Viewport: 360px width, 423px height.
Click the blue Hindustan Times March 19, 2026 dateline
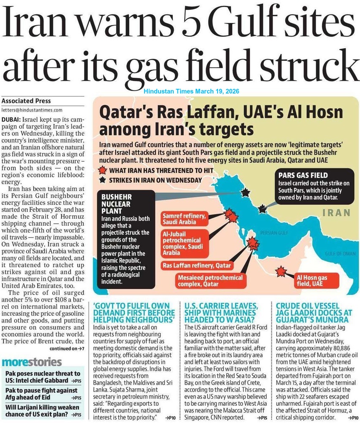pyautogui.click(x=192, y=91)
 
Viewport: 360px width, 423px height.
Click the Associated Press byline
pyautogui.click(x=26, y=101)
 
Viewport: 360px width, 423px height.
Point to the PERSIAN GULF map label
pyautogui.click(x=274, y=233)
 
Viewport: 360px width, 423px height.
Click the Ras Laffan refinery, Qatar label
pyautogui.click(x=197, y=266)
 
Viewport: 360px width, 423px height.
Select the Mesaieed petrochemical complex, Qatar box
pyautogui.click(x=210, y=281)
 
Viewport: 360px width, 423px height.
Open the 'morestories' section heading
pyautogui.click(x=32, y=362)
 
